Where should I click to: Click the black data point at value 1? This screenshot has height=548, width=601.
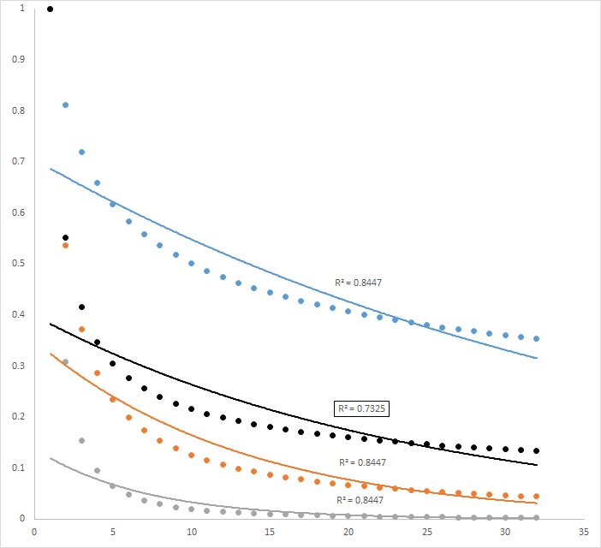click(50, 9)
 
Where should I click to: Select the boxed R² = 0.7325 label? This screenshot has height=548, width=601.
click(361, 408)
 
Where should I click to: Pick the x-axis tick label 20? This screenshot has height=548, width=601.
click(348, 532)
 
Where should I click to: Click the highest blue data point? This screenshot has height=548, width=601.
click(65, 104)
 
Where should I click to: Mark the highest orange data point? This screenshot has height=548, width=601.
click(65, 246)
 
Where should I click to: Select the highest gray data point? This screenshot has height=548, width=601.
click(65, 362)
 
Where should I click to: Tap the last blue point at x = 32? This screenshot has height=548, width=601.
click(536, 338)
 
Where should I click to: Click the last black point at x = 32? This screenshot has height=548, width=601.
click(536, 450)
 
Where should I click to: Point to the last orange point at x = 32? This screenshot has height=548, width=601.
click(536, 497)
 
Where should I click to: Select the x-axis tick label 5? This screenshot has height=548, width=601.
click(112, 532)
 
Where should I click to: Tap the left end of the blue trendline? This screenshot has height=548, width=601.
click(51, 169)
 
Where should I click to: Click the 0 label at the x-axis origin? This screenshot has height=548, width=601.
click(33, 532)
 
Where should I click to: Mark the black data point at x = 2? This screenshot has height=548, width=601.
click(65, 237)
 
